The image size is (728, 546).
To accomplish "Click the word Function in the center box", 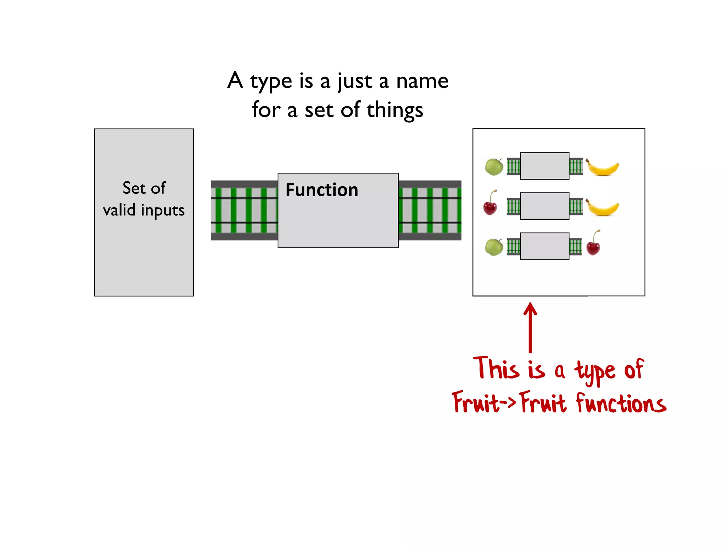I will pos(322,190).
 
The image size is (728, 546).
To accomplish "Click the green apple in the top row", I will pos(494,167).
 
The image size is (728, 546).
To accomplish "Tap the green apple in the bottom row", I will pos(494,247).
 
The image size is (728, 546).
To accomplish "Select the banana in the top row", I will pos(603,168).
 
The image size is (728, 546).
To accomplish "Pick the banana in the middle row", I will pos(603,208).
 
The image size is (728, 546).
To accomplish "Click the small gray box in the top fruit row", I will pos(545,166).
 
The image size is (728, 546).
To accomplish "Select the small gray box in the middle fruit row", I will pos(545,206).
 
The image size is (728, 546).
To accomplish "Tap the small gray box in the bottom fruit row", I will pos(545,246).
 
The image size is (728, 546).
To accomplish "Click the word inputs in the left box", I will pos(163,210).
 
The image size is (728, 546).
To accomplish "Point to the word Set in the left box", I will pos(134,188).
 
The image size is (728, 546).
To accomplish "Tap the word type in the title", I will pos(271,82).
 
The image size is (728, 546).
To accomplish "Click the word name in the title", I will pos(422,81).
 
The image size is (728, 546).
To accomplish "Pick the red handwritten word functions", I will pos(621,403).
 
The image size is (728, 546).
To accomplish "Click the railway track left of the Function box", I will pos(244,210).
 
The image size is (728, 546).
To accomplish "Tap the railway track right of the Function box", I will pos(430,210).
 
